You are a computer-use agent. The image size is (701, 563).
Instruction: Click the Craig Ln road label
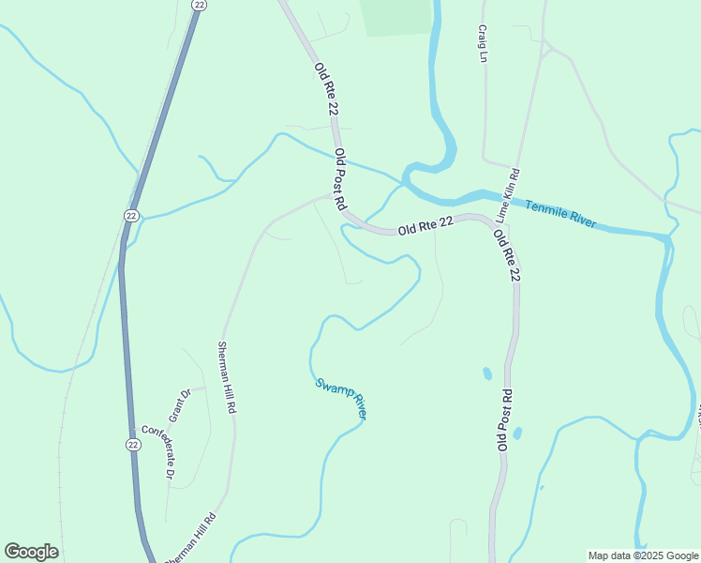(484, 44)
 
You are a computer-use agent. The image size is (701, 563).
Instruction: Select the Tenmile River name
(560, 215)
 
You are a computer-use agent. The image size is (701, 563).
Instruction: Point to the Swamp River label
(340, 399)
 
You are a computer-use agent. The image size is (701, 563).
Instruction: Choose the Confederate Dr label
(157, 453)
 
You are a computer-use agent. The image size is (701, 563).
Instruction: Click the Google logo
(31, 552)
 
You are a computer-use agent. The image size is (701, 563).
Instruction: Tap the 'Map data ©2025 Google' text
(644, 555)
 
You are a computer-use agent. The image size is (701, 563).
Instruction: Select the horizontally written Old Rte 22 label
(425, 226)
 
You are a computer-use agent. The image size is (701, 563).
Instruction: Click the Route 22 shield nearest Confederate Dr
(133, 444)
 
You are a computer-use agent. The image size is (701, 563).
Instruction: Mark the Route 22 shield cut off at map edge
(198, 5)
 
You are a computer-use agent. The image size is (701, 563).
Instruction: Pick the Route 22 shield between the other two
(132, 216)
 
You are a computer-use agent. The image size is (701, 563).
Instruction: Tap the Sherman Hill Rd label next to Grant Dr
(225, 378)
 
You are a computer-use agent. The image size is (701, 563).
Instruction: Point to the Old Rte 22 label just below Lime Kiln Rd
(506, 255)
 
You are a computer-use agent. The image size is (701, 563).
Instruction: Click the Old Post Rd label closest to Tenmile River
(341, 178)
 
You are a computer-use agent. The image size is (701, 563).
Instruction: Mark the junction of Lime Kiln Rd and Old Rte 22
(491, 223)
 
